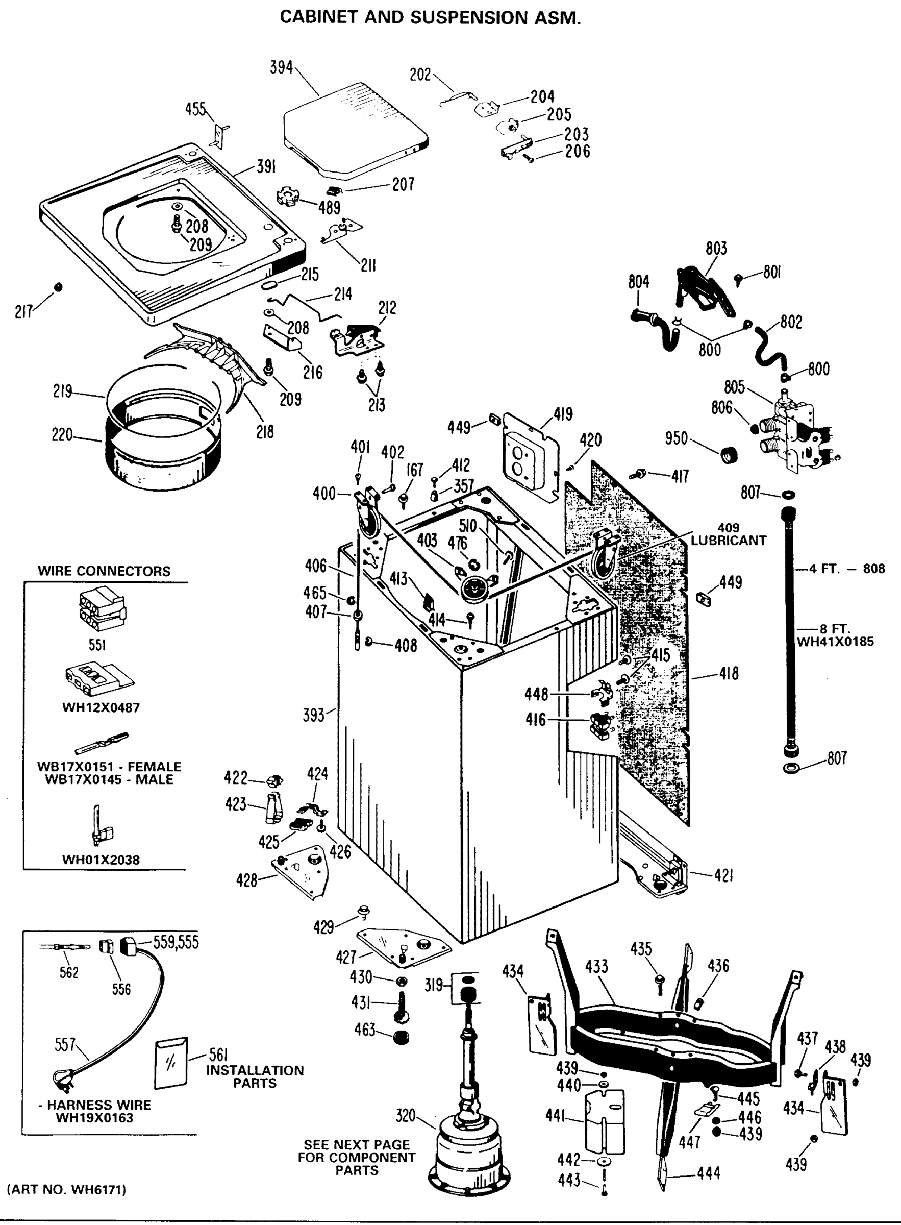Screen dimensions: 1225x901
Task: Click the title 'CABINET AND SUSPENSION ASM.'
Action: (430, 18)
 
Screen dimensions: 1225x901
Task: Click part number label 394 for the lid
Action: (282, 68)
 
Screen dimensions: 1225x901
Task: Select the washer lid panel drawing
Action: (355, 131)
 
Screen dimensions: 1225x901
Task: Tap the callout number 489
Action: (329, 207)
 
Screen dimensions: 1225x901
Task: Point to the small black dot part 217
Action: (58, 286)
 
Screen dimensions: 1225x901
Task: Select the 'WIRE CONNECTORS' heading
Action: (104, 571)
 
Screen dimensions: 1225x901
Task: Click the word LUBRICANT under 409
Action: (728, 540)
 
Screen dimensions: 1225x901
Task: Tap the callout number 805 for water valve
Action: (734, 387)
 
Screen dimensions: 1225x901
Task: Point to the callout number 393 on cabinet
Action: (314, 715)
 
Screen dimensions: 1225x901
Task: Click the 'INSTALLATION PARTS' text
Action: (255, 1076)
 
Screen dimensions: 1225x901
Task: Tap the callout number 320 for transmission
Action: (405, 1116)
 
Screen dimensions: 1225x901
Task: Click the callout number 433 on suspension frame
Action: (596, 967)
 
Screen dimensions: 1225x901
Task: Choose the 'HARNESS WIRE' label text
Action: (98, 1105)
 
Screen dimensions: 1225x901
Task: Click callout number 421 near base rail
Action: (723, 876)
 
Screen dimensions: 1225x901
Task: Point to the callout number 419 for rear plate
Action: (563, 414)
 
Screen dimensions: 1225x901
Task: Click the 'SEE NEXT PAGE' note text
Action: (356, 1144)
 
